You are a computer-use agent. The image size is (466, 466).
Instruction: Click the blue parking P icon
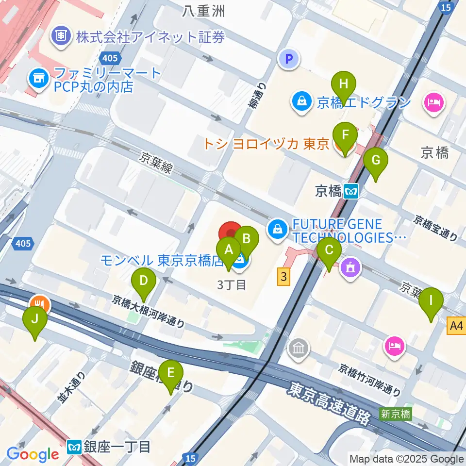click(289, 59)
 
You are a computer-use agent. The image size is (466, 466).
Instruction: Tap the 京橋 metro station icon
click(351, 192)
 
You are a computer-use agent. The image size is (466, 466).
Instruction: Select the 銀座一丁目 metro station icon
click(74, 446)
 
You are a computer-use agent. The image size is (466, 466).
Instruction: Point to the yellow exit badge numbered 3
click(284, 277)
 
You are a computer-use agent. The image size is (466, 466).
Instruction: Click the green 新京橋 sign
click(396, 414)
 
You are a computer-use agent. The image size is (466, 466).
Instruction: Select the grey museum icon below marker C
click(298, 348)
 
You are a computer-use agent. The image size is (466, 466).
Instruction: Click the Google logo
click(33, 454)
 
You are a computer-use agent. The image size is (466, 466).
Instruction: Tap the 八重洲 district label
click(203, 11)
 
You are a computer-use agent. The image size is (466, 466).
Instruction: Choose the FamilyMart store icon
click(37, 78)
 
